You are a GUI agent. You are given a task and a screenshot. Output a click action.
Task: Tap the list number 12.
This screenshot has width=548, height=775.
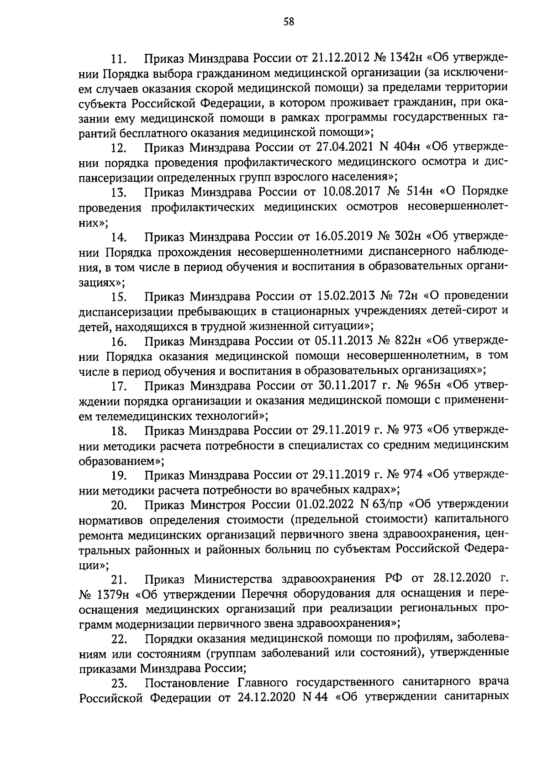(x=119, y=148)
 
